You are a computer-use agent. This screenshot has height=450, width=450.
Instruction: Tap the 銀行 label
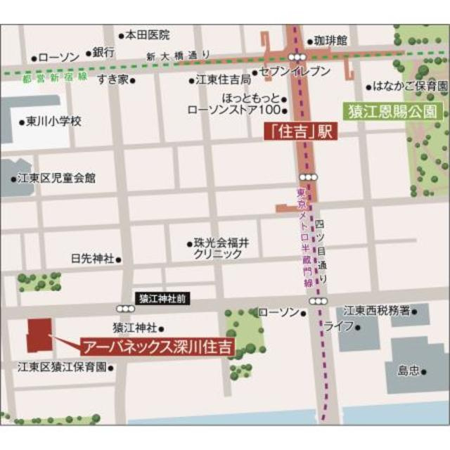coord(103,51)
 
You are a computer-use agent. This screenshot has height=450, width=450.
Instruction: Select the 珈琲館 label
coord(330,41)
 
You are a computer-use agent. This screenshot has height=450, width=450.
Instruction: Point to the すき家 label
coord(112,78)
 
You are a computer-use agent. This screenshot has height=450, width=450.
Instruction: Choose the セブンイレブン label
coord(295,72)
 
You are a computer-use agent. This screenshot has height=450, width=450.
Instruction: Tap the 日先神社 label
coord(92,258)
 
